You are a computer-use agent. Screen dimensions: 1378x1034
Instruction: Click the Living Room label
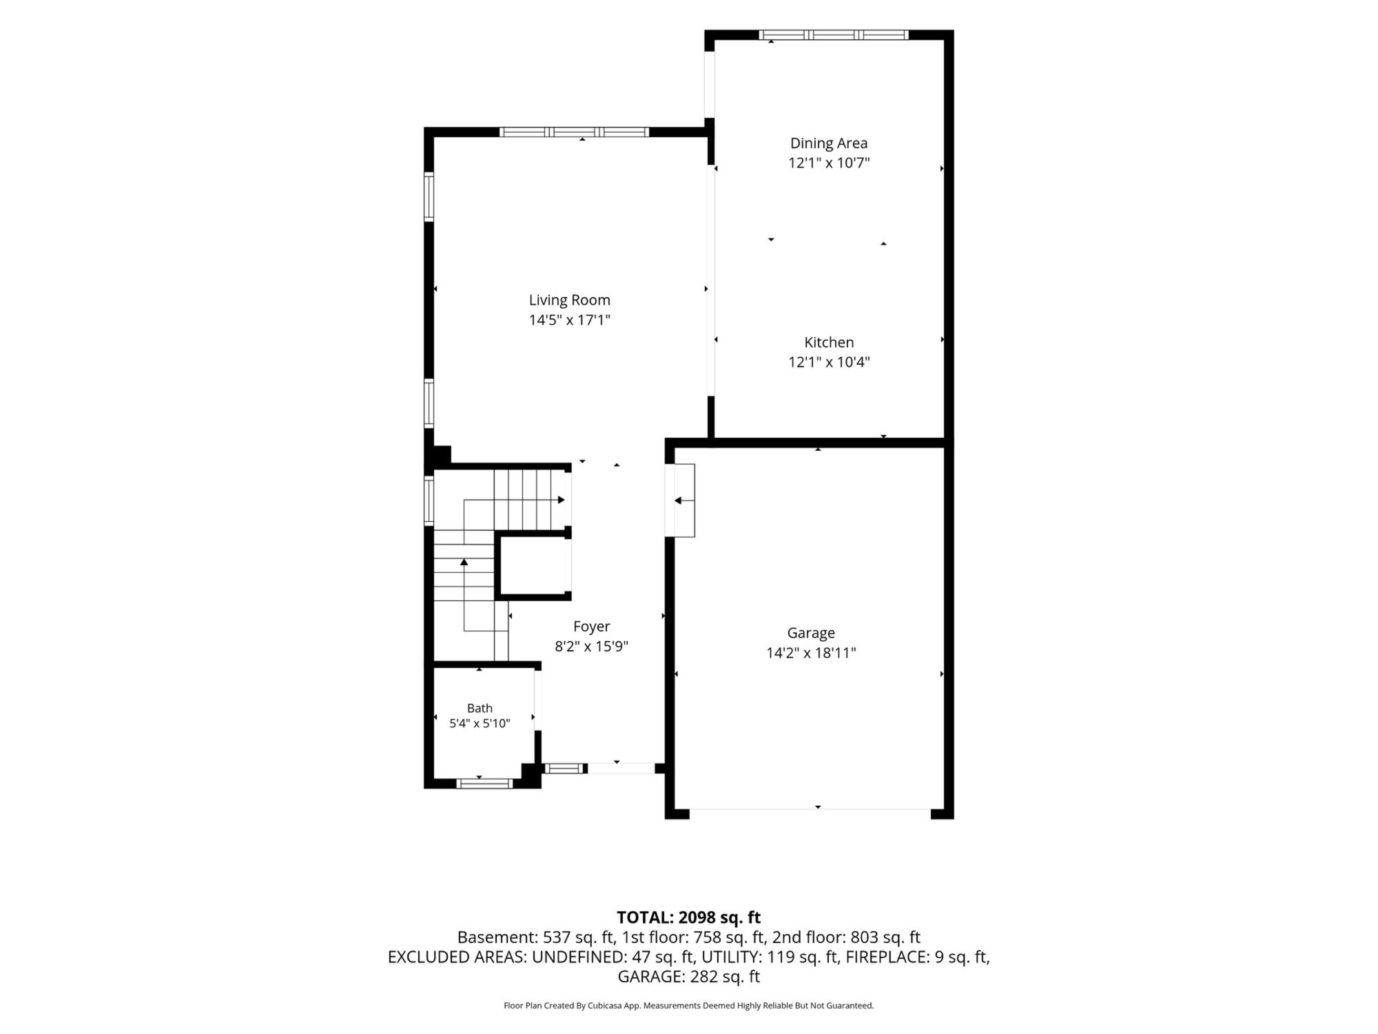tap(570, 301)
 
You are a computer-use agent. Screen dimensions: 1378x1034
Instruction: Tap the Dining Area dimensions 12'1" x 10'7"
tap(829, 163)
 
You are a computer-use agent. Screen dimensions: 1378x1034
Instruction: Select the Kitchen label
tap(829, 343)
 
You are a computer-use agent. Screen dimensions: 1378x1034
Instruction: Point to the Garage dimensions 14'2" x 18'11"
tap(811, 653)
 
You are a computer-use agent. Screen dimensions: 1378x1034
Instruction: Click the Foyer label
tap(592, 627)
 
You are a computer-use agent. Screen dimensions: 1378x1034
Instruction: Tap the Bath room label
tap(480, 708)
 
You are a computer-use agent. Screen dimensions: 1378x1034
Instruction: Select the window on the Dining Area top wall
tap(834, 34)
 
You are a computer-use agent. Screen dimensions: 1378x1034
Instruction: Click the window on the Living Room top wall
tap(574, 132)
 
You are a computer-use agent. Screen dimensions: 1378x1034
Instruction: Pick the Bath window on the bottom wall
tap(484, 783)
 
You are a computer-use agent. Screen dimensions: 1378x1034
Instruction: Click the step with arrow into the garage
tap(680, 500)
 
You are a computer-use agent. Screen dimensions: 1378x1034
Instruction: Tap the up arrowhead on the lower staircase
tap(464, 562)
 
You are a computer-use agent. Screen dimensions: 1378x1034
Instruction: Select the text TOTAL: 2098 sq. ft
tap(689, 918)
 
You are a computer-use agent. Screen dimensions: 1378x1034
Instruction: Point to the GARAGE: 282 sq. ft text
tap(689, 977)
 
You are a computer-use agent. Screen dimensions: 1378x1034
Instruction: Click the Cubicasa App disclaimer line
tap(689, 1006)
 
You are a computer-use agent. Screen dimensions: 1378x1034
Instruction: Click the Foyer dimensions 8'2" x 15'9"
tap(592, 647)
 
